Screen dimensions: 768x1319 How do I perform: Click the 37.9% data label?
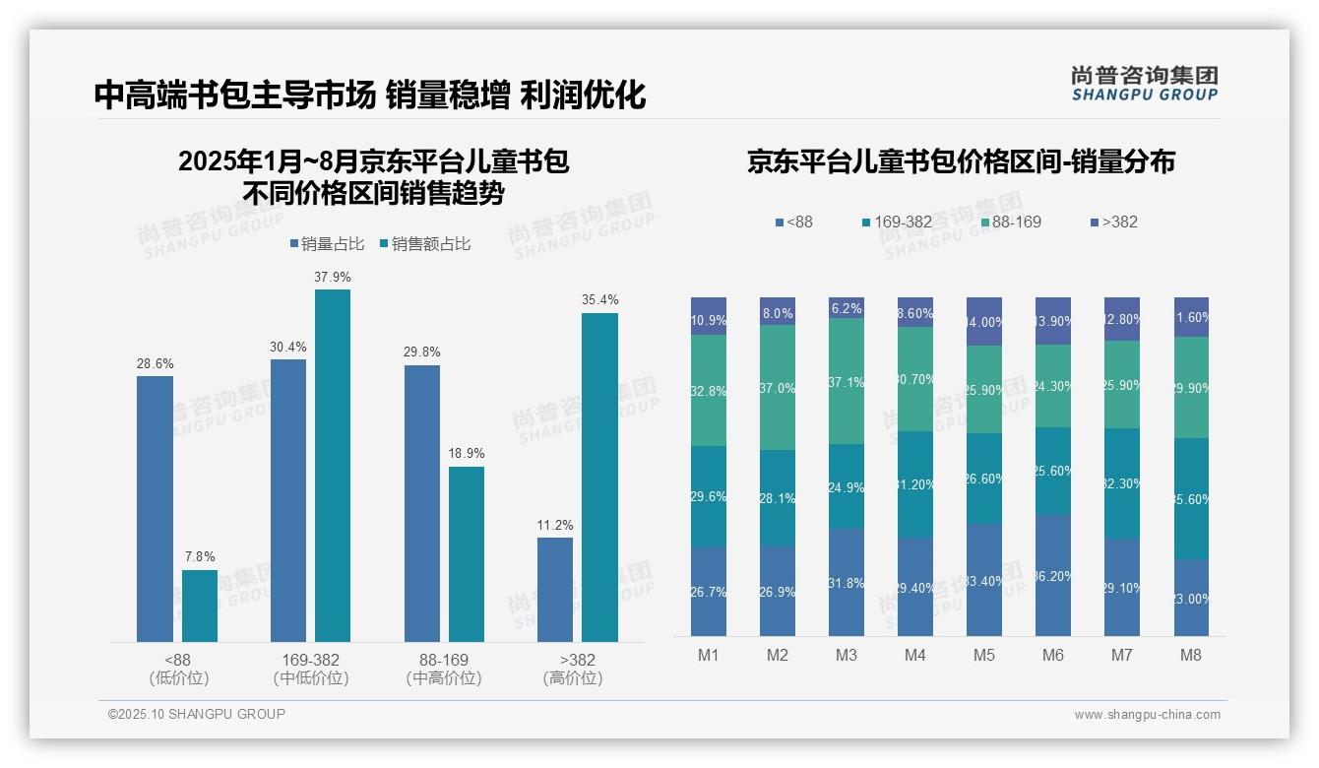pos(333,277)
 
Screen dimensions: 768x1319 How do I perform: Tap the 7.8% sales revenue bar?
pos(200,606)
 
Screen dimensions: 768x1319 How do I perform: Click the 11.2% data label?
pos(555,525)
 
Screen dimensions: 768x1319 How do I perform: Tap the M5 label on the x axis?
pos(983,656)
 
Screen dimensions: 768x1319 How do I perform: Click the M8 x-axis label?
pos(1190,656)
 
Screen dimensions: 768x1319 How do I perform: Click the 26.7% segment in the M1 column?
pos(709,591)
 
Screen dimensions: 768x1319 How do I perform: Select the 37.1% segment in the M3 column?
pos(847,381)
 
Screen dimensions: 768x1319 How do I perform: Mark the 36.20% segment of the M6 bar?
pos(1052,575)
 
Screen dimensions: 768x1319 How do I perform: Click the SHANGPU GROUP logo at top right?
pos(1144,84)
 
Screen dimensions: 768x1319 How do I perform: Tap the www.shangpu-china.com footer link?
pos(1147,715)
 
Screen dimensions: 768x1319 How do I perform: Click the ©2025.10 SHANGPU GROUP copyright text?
pos(197,714)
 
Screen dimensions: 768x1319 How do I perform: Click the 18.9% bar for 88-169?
pos(467,553)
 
